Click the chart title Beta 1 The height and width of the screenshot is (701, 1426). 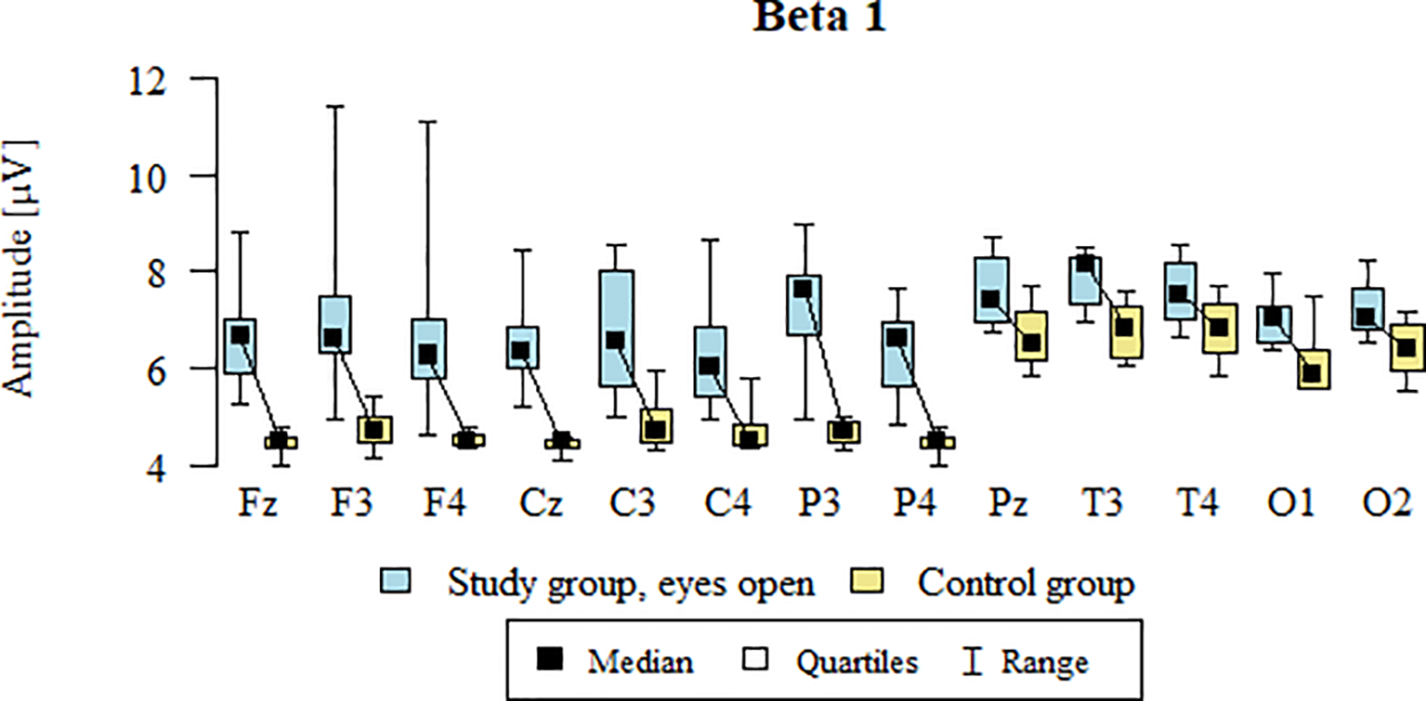(818, 18)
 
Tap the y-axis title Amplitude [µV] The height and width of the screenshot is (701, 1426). (20, 269)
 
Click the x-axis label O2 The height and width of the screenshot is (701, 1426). (1390, 506)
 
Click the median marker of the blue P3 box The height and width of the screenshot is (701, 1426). (803, 289)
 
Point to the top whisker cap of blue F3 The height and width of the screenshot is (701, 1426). (334, 107)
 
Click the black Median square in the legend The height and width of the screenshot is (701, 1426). (552, 661)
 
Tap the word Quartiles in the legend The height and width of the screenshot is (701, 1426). (856, 662)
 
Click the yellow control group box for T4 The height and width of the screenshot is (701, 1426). (1219, 329)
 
